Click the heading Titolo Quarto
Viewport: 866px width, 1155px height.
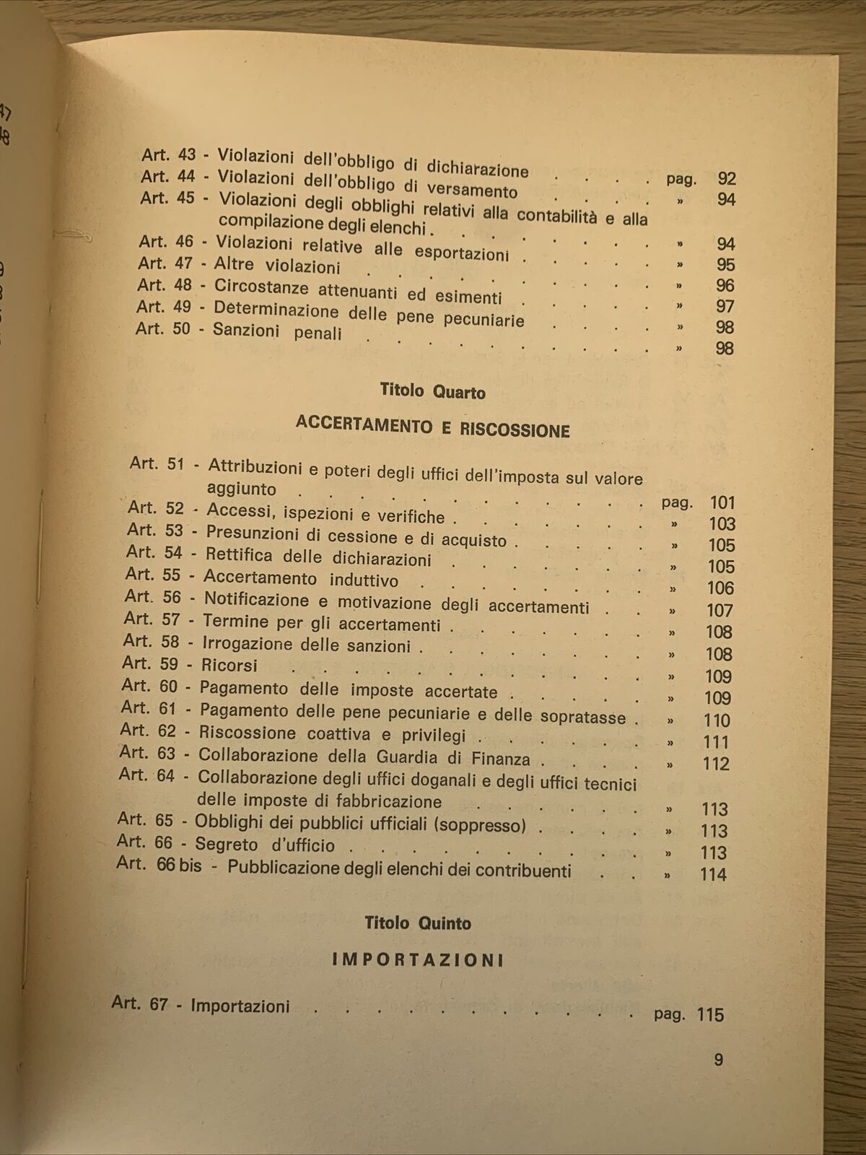coord(432,392)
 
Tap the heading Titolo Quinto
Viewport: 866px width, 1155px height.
coord(418,923)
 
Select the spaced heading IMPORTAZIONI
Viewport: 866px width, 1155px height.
coord(418,960)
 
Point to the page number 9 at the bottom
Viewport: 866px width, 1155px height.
coord(718,1060)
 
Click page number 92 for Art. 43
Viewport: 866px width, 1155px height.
coord(726,179)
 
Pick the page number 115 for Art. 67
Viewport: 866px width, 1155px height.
coord(710,1014)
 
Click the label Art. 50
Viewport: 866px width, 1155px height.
coord(163,329)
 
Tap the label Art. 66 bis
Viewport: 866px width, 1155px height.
coord(159,864)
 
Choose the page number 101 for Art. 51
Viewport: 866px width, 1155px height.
coord(721,503)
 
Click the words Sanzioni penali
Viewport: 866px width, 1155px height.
coord(277,333)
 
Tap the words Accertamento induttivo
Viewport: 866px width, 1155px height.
coord(300,579)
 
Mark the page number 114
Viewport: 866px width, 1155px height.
coord(713,874)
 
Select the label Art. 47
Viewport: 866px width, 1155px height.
coord(165,263)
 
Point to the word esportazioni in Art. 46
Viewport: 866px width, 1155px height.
coord(462,252)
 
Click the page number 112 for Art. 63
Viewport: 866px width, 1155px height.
coord(716,764)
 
